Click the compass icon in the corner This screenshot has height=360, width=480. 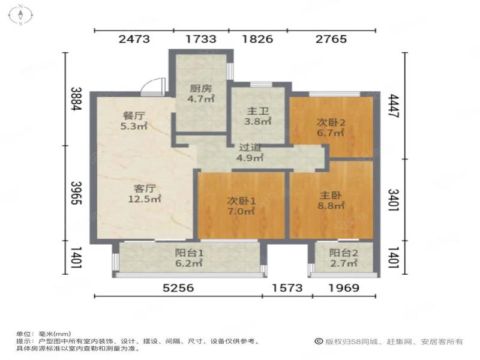[20, 14]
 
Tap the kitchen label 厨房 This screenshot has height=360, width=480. [200, 89]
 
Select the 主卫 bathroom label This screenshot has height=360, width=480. [257, 111]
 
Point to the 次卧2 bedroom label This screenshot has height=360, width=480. [331, 123]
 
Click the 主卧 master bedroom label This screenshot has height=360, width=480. [331, 195]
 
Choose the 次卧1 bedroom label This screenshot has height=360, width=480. [241, 201]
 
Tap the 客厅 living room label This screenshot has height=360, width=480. [145, 188]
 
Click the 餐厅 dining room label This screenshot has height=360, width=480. [133, 116]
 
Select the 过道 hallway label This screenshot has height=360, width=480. [250, 148]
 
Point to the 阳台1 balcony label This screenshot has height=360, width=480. [189, 253]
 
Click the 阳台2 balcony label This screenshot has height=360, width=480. [343, 253]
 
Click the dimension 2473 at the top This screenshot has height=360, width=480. [134, 39]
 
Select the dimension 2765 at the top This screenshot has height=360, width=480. [331, 39]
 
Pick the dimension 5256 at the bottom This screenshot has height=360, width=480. [178, 288]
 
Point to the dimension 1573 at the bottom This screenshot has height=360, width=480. [287, 288]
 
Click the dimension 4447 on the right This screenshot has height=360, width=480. [394, 106]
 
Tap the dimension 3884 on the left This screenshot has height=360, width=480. [77, 99]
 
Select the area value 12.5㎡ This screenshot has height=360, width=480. [145, 199]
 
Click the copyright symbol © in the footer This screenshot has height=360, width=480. [319, 341]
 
